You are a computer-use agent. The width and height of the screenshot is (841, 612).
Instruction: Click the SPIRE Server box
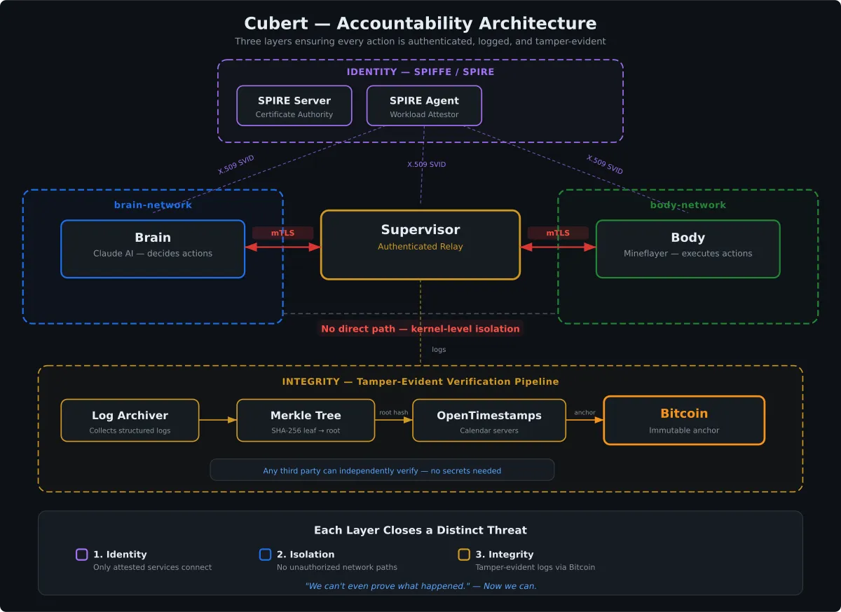point(294,106)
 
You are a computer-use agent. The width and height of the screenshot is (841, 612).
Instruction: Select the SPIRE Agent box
point(424,106)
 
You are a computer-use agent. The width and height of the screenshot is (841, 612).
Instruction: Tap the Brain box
point(153,249)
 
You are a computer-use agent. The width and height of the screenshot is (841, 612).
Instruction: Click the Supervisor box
point(420,245)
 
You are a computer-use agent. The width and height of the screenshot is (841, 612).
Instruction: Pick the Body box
point(688,249)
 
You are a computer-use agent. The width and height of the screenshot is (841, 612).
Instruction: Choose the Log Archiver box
point(130,421)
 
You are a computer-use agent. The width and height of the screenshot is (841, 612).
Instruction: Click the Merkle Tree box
point(306,421)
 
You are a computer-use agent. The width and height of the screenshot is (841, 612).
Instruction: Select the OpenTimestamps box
point(489,421)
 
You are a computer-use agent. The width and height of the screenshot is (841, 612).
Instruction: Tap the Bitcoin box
point(684,421)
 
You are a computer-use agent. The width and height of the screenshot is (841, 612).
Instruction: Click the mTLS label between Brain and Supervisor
point(282,233)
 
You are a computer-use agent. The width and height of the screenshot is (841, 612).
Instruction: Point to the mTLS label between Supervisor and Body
point(558,233)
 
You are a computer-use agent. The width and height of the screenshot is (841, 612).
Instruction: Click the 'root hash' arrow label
point(393,413)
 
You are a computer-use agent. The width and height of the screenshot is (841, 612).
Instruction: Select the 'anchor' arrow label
point(584,413)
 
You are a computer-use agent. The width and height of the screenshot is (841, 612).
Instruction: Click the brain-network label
point(153,205)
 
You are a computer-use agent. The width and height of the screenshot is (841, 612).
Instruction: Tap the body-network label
point(688,205)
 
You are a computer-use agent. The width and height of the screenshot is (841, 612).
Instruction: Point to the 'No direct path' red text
point(420,329)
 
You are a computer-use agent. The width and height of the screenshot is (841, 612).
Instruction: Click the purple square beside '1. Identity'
point(82,555)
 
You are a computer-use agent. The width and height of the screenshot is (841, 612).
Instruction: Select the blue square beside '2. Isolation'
point(265,555)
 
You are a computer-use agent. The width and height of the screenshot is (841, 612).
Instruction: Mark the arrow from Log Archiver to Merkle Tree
point(218,421)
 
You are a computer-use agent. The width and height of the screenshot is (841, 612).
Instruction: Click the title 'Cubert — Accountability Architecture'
point(420,23)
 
